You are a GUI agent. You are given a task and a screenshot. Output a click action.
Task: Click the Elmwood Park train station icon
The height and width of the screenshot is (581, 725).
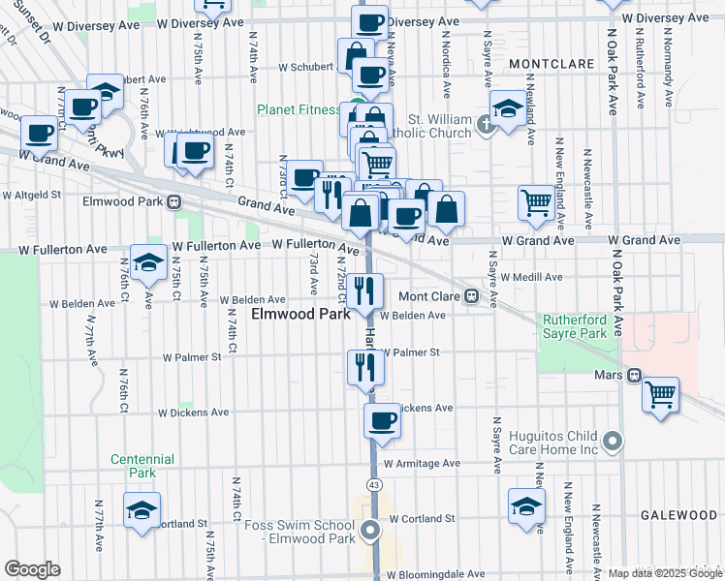[x=174, y=202]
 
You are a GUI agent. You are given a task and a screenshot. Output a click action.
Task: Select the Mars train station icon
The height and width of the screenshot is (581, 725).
[x=633, y=375]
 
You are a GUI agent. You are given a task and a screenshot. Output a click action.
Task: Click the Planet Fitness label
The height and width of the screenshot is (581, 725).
[x=299, y=109]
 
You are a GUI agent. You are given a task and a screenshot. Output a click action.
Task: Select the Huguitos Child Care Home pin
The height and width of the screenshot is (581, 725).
[x=613, y=443]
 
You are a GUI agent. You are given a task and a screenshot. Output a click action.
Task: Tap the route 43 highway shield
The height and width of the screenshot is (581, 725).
[x=372, y=481]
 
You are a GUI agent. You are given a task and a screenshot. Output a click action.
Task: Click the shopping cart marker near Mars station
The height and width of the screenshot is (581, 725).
[x=660, y=393]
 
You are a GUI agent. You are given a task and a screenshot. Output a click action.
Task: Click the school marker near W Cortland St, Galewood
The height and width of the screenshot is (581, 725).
[x=526, y=506]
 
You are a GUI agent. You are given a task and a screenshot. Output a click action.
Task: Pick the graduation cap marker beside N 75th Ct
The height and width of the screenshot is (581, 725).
[x=149, y=262]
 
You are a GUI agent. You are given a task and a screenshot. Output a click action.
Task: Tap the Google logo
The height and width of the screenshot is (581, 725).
[x=32, y=569]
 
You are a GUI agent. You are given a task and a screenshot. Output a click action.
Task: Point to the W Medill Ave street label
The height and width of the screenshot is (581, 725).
[x=530, y=277]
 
